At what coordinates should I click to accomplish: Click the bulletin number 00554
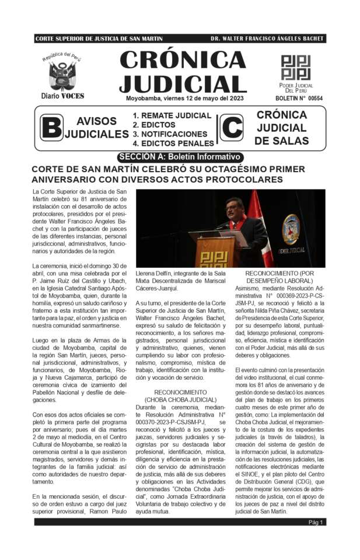point(299,99)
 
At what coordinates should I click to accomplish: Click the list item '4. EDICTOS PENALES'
point(173,143)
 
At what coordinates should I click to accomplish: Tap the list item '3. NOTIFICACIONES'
point(170,134)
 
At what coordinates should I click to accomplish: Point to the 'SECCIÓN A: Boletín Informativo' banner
point(180,157)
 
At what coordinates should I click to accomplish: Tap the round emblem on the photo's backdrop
point(291,229)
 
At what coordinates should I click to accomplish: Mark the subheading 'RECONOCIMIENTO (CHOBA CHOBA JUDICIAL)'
point(180,396)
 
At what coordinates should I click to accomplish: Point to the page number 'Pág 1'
point(316,522)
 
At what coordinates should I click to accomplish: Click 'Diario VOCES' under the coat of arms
point(62,96)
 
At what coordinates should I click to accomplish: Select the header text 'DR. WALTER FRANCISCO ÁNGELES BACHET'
point(267,38)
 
